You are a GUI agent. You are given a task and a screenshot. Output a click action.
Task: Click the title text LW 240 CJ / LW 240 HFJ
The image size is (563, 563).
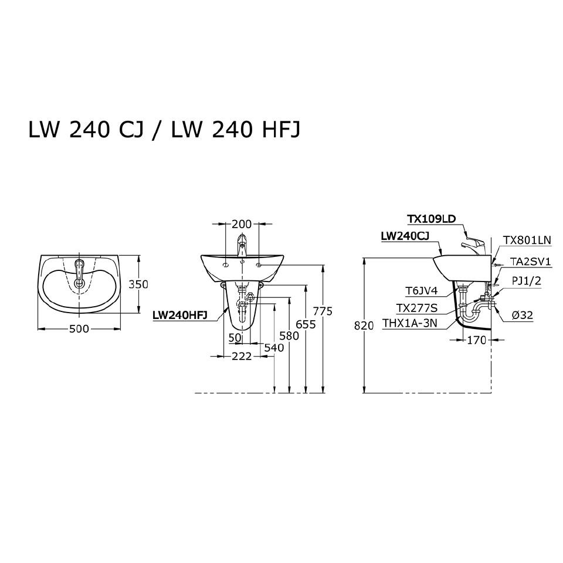pyautogui.click(x=164, y=130)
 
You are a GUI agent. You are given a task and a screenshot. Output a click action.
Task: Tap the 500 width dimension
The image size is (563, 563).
pyautogui.click(x=79, y=329)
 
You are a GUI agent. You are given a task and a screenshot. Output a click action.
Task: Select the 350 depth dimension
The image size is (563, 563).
pyautogui.click(x=138, y=284)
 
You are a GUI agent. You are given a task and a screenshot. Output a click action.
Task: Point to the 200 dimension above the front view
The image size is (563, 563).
pyautogui.click(x=241, y=223)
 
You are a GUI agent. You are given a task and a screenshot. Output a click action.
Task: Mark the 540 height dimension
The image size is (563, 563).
pyautogui.click(x=273, y=348)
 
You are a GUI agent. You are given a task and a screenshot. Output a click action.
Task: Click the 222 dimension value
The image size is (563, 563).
pyautogui.click(x=241, y=356)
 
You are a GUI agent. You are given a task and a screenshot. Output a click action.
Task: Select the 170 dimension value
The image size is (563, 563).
pyautogui.click(x=476, y=340)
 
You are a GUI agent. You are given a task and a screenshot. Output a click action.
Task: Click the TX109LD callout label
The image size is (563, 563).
pyautogui.click(x=431, y=219)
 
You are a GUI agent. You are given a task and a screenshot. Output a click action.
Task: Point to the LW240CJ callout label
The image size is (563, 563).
pyautogui.click(x=405, y=236)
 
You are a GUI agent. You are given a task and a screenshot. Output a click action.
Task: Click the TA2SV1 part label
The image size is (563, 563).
pyautogui.click(x=530, y=262)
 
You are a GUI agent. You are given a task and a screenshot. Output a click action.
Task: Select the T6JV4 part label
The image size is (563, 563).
pyautogui.click(x=420, y=290)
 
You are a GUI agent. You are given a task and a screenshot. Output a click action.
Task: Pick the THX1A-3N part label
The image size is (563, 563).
pyautogui.click(x=409, y=323)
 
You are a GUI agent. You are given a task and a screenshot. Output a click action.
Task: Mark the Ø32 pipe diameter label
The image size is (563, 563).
pyautogui.click(x=522, y=315)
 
